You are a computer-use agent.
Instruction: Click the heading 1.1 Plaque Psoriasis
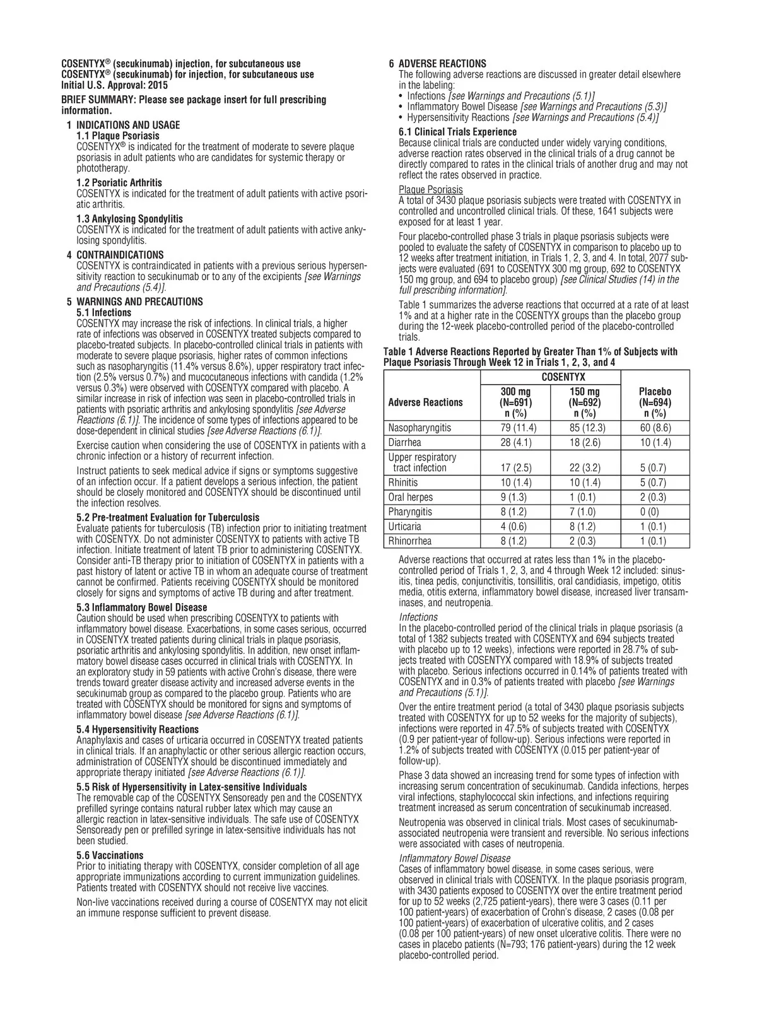[x=117, y=136]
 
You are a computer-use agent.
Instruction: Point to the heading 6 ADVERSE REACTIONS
[x=437, y=64]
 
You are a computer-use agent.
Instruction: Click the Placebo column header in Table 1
[x=655, y=402]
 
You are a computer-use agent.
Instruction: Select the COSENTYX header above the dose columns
[x=563, y=377]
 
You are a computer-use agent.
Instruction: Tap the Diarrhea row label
[x=404, y=443]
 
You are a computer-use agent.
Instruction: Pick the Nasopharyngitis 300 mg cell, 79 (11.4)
[x=515, y=428]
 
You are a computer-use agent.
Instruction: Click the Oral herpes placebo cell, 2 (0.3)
[x=655, y=497]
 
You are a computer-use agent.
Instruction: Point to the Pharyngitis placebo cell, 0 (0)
[x=655, y=512]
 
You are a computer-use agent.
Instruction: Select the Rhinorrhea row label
[x=410, y=541]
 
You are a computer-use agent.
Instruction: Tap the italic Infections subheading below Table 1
[x=418, y=617]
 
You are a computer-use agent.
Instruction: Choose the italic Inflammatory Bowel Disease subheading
[x=455, y=858]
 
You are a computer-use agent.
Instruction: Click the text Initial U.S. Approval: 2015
[x=114, y=85]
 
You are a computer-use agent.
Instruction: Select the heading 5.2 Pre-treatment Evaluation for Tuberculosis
[x=167, y=517]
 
